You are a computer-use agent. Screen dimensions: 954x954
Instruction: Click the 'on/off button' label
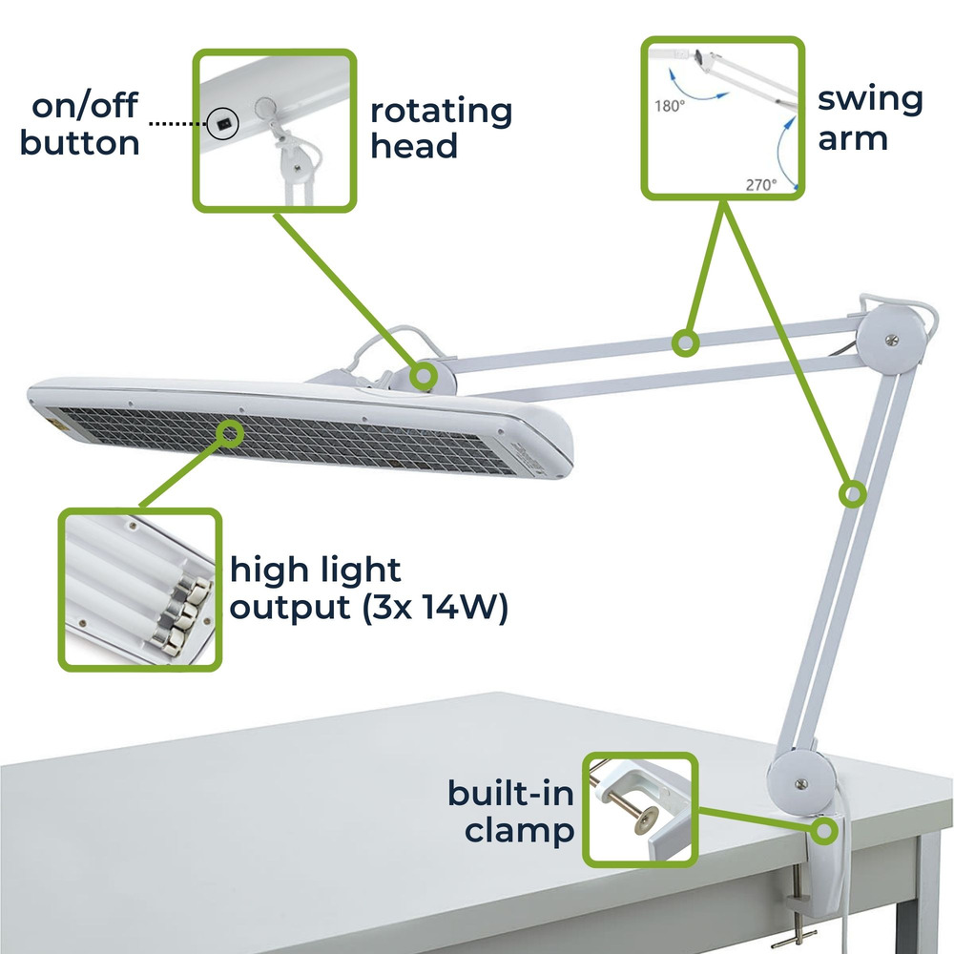click(80, 124)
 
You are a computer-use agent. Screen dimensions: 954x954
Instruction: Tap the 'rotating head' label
click(441, 128)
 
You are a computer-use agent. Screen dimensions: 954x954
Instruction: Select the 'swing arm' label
click(870, 118)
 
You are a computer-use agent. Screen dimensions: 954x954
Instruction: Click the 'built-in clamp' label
click(511, 812)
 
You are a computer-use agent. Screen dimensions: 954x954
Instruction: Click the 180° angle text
click(670, 106)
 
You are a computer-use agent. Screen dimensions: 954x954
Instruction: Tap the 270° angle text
click(761, 184)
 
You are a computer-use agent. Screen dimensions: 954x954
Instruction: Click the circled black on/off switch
click(222, 124)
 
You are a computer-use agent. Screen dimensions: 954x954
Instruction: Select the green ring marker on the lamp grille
click(230, 432)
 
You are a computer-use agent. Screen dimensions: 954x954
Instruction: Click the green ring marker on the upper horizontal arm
click(685, 343)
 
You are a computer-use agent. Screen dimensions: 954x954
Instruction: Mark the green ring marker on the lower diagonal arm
click(852, 493)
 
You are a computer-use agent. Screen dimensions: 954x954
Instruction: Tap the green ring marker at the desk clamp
click(824, 831)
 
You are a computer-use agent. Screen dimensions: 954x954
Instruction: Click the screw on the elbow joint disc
click(892, 340)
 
